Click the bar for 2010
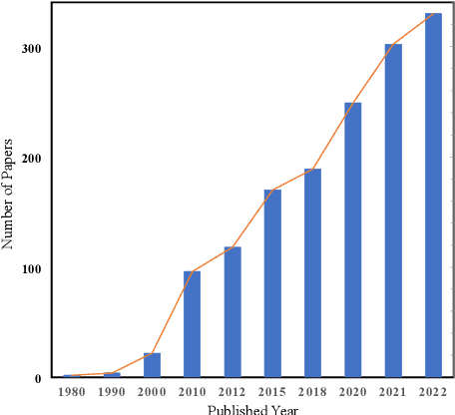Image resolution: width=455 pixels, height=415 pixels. click(x=192, y=324)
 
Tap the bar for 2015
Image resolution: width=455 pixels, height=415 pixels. click(x=271, y=283)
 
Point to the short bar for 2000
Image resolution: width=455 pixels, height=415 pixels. click(x=152, y=365)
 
